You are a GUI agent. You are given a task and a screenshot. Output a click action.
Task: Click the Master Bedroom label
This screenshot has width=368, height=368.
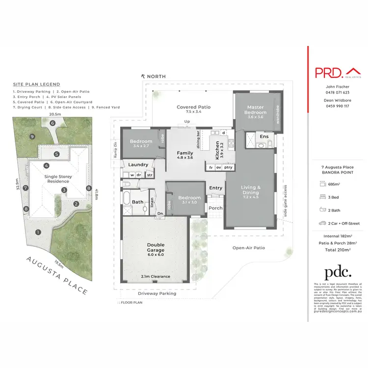point(255,110)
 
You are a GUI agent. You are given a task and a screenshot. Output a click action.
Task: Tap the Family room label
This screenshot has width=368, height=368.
point(185,154)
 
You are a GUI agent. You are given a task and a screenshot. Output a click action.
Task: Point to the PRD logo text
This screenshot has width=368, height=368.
point(328,73)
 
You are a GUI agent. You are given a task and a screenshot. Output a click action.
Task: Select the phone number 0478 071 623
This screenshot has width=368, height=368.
point(338,92)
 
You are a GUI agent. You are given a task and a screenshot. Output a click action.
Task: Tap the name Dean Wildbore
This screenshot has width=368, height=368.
point(338,100)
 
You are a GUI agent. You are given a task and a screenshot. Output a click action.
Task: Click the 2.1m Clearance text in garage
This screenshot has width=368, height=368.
point(156,276)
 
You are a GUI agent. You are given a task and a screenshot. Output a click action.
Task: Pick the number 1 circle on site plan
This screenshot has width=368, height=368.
point(37,232)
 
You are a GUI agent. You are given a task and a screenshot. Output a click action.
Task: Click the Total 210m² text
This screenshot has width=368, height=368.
point(338,250)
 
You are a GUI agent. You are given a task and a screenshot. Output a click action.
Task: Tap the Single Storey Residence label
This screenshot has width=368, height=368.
point(57,179)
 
